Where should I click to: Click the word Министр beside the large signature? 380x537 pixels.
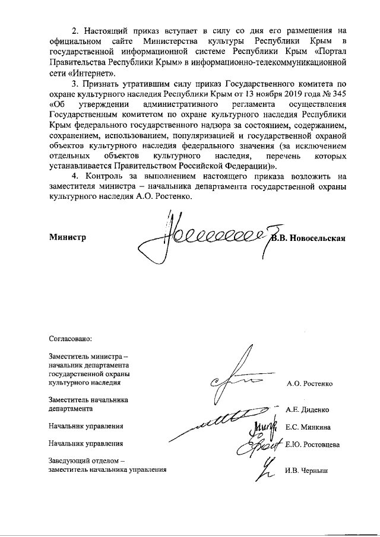[x=67, y=237]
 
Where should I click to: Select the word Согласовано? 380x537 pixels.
[x=71, y=340]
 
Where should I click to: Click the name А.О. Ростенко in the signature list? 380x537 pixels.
[x=309, y=384]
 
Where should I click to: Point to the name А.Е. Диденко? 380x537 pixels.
[x=308, y=409]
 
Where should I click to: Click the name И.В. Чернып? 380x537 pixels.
[x=306, y=471]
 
